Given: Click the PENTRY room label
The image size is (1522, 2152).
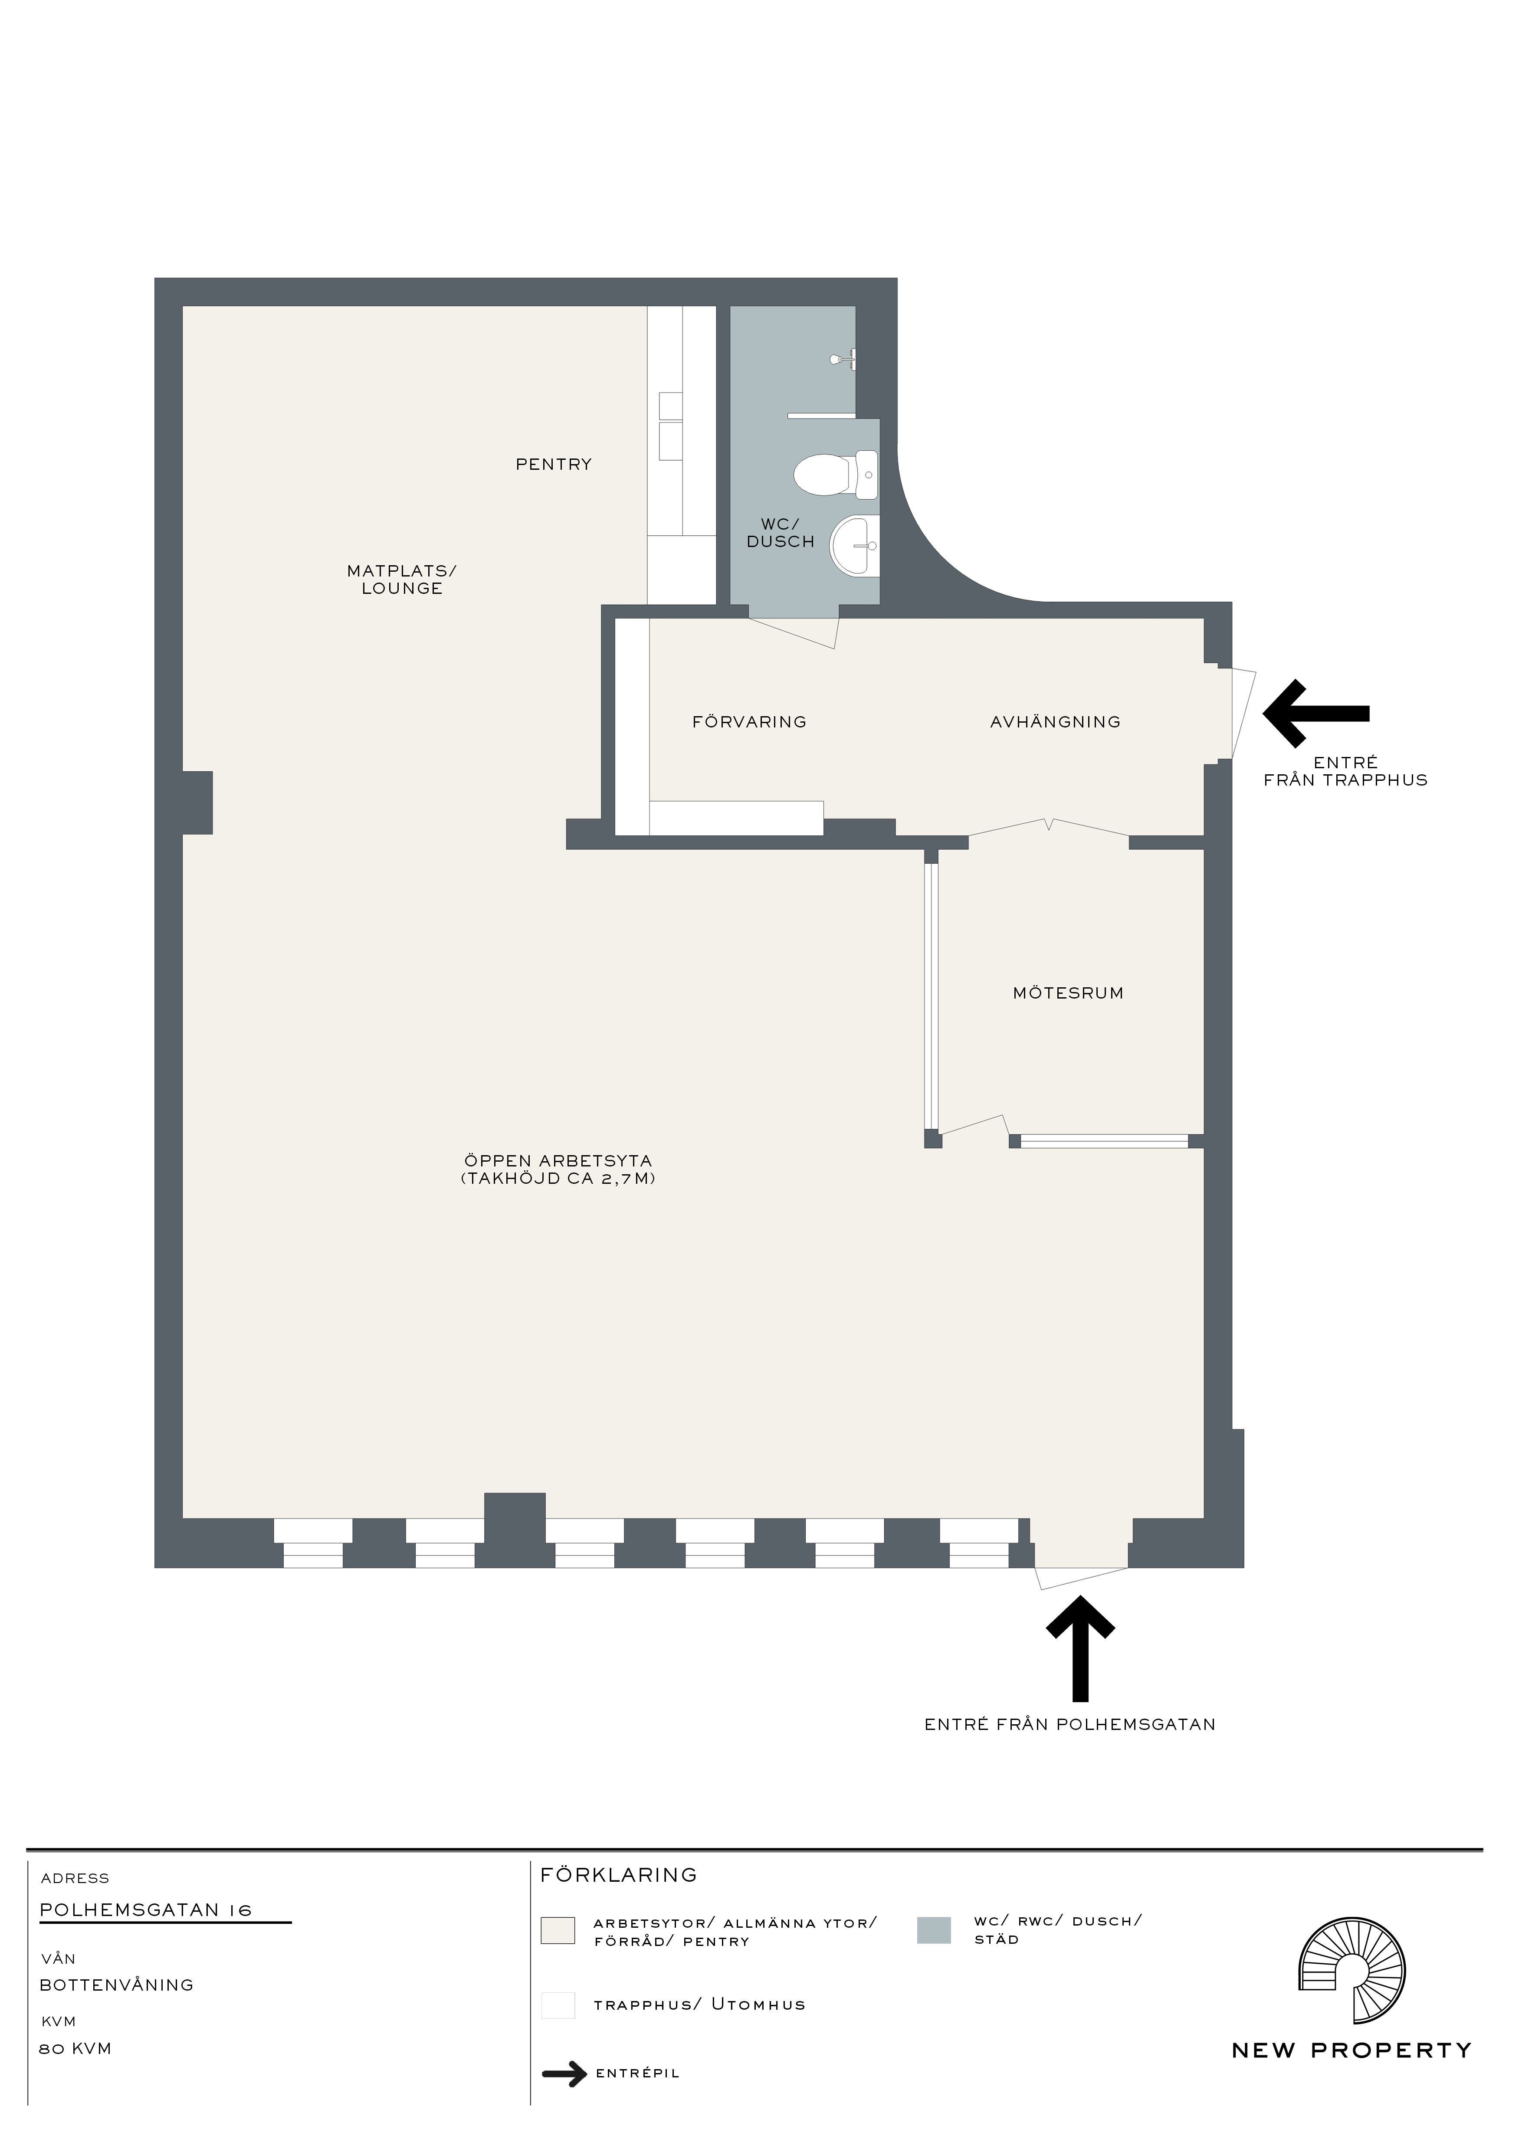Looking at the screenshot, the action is click(554, 464).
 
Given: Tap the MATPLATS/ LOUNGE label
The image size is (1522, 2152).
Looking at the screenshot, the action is click(402, 579).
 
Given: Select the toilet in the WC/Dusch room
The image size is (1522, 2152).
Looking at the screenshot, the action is click(836, 474).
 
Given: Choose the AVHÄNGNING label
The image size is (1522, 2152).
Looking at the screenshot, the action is click(1055, 722).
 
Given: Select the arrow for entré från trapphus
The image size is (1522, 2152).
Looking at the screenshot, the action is click(1316, 713).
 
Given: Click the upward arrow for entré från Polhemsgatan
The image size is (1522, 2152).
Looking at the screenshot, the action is click(1081, 1649).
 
